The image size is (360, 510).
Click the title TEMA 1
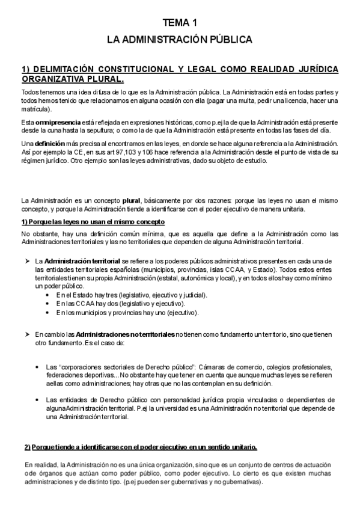click(180, 23)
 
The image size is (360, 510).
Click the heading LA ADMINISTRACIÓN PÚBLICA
click(180, 40)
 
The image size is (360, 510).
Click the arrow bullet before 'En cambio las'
click(28, 334)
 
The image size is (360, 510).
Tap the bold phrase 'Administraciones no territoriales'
click(124, 334)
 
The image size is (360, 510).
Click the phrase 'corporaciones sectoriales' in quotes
click(93, 367)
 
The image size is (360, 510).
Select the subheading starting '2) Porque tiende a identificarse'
click(141, 447)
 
